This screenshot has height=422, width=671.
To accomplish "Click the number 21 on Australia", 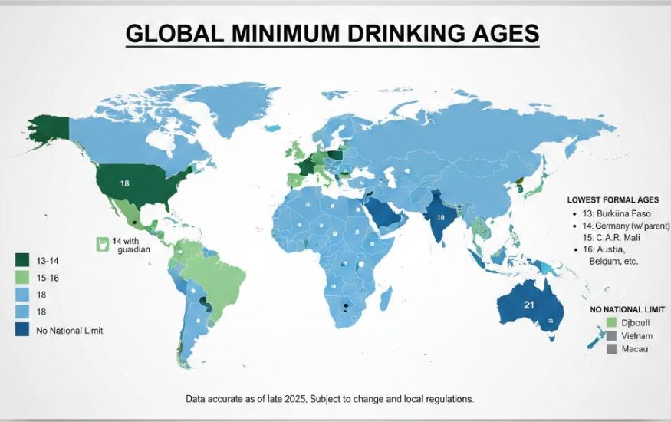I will click(x=528, y=305).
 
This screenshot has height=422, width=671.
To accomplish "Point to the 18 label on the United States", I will click(x=124, y=183).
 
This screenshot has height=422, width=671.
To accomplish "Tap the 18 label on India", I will click(x=440, y=217).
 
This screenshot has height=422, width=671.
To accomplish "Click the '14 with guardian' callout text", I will click(x=130, y=245).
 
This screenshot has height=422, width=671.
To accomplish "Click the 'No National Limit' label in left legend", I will click(x=70, y=330).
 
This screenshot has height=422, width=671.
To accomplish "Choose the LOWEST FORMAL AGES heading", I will click(x=613, y=198).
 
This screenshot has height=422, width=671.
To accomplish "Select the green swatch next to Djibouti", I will click(x=611, y=321).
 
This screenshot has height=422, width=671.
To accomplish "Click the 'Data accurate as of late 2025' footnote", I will click(x=329, y=399).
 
